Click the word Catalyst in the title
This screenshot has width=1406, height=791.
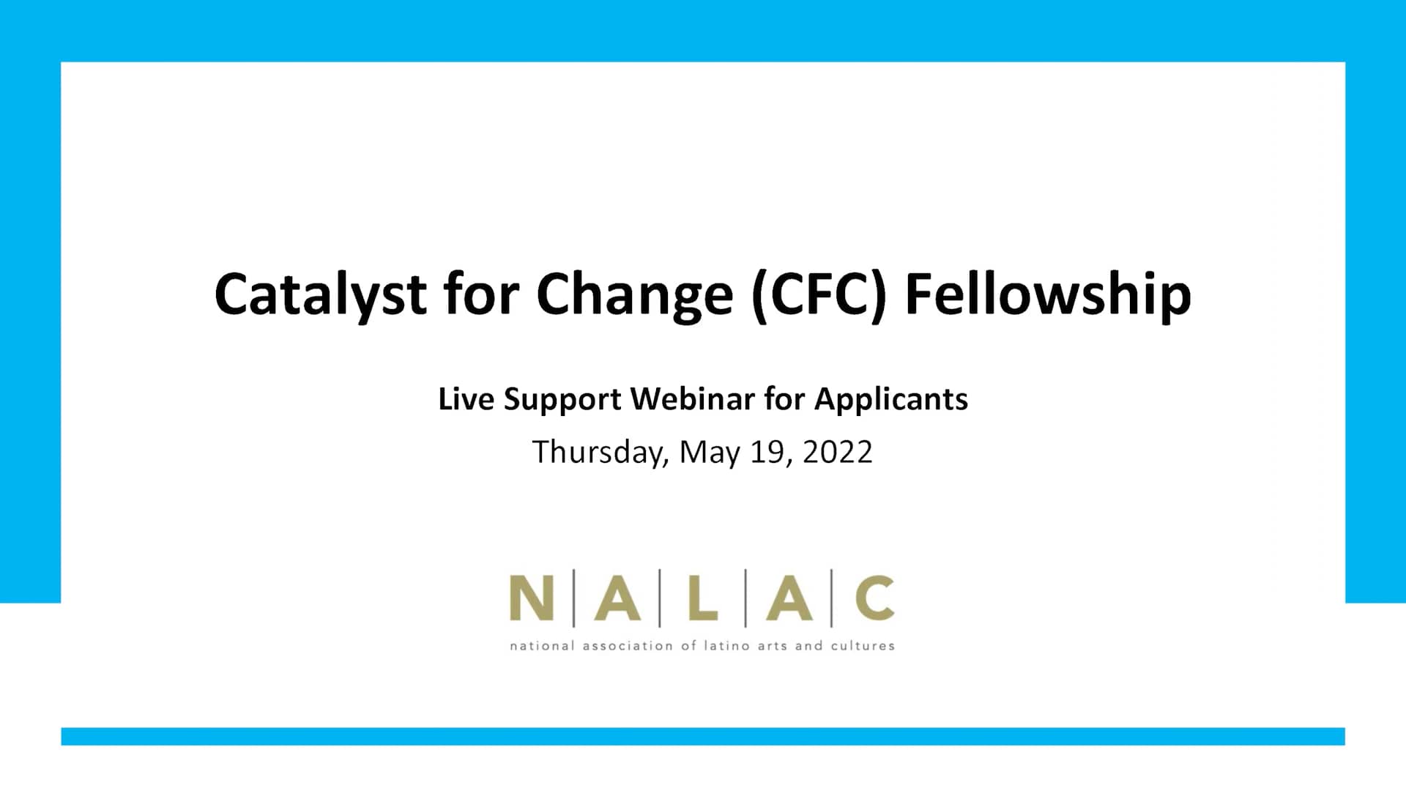click(320, 294)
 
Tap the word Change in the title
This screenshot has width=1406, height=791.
click(634, 294)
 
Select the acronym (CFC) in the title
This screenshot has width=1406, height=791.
click(819, 294)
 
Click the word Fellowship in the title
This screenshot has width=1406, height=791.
click(1048, 294)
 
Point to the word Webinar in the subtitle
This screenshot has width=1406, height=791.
click(692, 399)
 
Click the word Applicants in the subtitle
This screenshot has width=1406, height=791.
click(890, 400)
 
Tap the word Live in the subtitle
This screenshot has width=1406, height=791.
click(465, 399)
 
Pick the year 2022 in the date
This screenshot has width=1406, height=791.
click(837, 452)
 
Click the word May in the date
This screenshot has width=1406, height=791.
click(709, 453)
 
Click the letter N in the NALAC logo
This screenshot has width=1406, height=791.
click(531, 598)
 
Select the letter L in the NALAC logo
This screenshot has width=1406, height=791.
click(702, 598)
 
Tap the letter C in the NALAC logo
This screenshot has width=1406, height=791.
click(874, 598)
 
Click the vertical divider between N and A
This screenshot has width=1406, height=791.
click(573, 598)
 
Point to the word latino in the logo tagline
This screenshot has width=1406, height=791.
click(726, 646)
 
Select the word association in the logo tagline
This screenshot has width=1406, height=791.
click(627, 646)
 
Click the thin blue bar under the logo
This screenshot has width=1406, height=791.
click(703, 736)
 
